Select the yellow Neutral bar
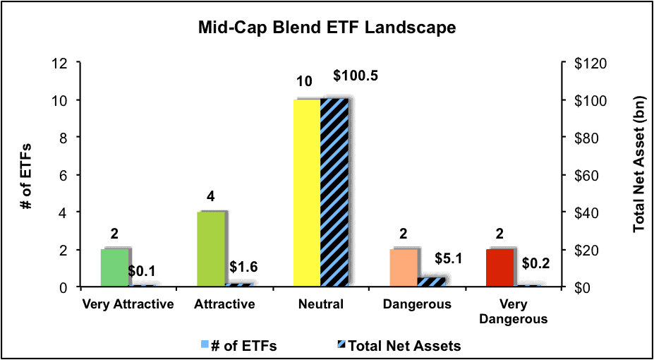pos(307,193)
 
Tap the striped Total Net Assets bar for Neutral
pos(334,193)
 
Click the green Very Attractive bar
pos(115,268)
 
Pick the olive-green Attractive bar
pos(211,249)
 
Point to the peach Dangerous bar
pos(404,268)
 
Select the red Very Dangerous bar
pos(499,268)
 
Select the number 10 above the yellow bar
pos(305,81)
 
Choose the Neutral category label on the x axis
pos(321,304)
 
